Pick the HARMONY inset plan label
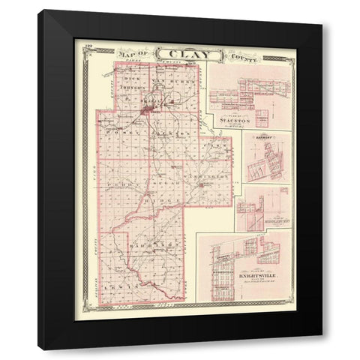tap(265, 138)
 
